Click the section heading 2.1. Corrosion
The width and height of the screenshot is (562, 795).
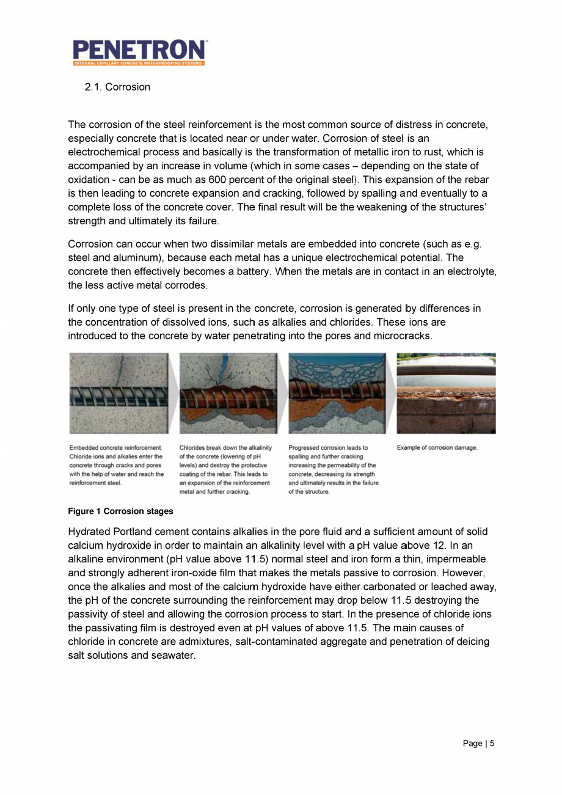coord(117,87)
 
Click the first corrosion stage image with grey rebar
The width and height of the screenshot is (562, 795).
coord(118,393)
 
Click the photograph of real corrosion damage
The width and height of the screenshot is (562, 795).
coord(446,393)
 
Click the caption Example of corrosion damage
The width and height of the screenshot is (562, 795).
coord(437,448)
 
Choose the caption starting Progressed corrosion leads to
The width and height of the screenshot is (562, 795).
coord(333,469)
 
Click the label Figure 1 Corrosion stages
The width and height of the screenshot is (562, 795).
coord(120,511)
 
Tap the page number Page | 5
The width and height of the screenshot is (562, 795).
coord(478,744)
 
